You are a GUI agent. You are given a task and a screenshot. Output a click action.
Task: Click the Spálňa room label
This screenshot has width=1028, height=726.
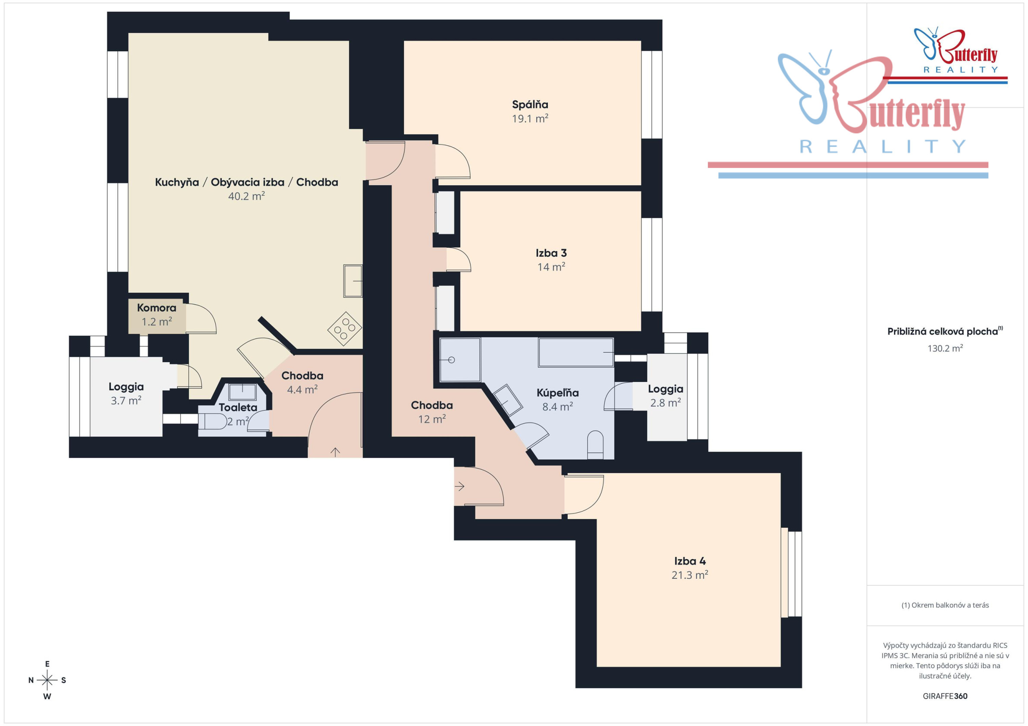click(x=530, y=105)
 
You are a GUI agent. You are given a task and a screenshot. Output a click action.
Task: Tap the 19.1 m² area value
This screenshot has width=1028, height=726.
click(x=530, y=119)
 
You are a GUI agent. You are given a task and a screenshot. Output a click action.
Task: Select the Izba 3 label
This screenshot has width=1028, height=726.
click(x=551, y=253)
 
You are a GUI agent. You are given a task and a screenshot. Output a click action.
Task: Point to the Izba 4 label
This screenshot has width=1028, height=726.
click(x=690, y=561)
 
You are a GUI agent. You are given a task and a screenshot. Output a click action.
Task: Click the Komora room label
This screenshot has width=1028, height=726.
click(x=157, y=308)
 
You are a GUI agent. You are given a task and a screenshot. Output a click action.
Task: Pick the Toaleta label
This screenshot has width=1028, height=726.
click(x=238, y=407)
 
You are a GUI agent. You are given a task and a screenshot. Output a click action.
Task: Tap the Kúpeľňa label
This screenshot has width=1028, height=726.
click(x=557, y=393)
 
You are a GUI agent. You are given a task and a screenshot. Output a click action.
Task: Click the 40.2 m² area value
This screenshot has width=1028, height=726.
click(x=247, y=196)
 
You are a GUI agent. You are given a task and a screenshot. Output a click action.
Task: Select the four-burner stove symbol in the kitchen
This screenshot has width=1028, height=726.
click(x=345, y=328)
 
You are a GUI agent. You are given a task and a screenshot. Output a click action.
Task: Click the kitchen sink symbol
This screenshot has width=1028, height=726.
click(x=353, y=281)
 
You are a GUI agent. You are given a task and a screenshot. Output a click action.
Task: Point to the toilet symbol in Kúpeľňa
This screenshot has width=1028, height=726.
click(x=595, y=445)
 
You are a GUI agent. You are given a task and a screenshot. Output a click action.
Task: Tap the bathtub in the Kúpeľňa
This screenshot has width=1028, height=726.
click(x=576, y=353)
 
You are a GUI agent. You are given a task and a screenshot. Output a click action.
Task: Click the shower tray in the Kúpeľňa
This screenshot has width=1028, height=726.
click(x=460, y=360)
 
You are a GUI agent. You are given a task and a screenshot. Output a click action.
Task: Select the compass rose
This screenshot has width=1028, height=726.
click(x=47, y=680)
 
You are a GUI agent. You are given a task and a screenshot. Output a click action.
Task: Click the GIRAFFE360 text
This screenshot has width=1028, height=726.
click(x=945, y=696)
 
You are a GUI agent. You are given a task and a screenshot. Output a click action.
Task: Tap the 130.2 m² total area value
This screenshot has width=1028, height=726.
click(x=945, y=348)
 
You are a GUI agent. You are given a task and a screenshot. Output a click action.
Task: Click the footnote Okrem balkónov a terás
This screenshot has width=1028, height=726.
click(x=945, y=605)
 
